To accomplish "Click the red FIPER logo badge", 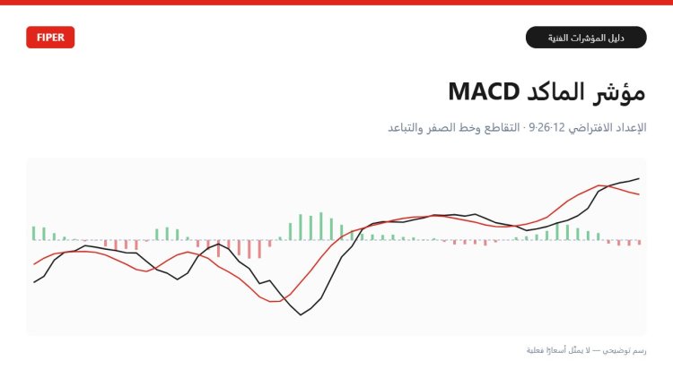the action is (x=50, y=38).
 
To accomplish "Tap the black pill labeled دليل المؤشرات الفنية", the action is (x=586, y=38).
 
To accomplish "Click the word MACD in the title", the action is (x=484, y=91).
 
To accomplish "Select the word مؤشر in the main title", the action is (x=619, y=92).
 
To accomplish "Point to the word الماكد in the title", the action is (x=555, y=91).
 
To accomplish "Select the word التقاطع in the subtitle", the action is (x=502, y=128).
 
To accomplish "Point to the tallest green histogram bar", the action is (x=321, y=227).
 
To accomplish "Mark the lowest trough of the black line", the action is (x=301, y=315).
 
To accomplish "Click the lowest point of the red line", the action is (x=275, y=302).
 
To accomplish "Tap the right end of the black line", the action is (x=639, y=178).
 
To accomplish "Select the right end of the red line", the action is (x=639, y=194).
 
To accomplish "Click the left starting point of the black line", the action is (x=34, y=282).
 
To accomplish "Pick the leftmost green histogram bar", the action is (x=33, y=233).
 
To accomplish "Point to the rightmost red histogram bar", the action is (x=640, y=242).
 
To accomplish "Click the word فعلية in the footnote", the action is (x=535, y=350).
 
